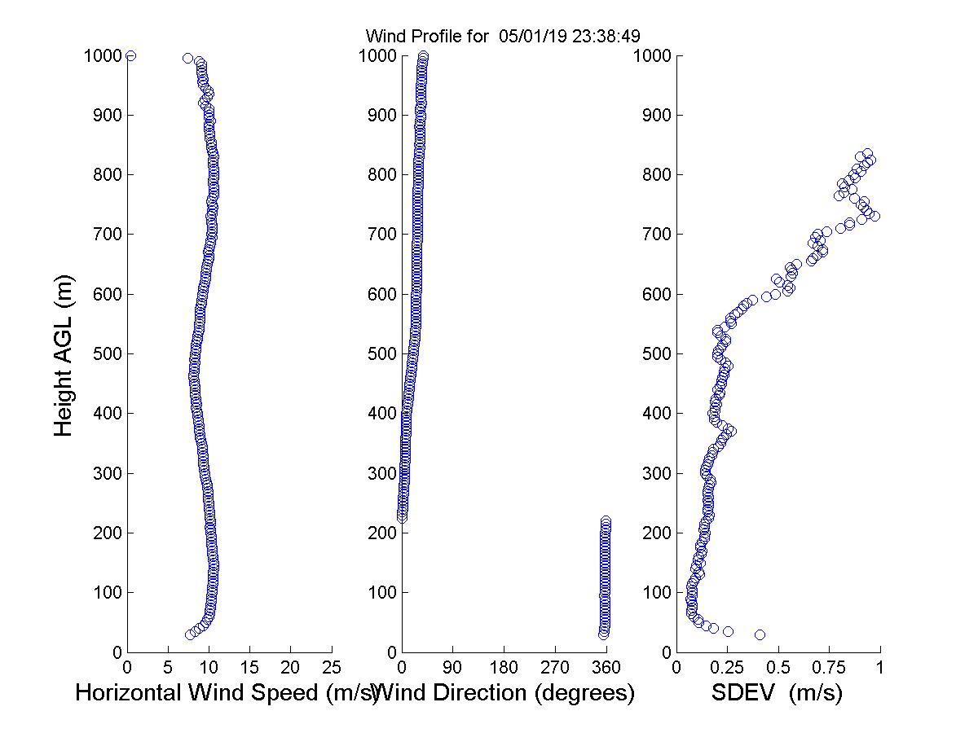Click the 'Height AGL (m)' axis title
[x=64, y=353]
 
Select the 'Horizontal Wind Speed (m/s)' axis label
[x=226, y=694]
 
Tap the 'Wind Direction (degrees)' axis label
[x=505, y=694]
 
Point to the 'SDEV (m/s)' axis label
[x=777, y=694]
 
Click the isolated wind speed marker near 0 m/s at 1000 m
[x=130, y=55]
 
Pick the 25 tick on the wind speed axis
[x=332, y=667]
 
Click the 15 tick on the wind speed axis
[x=250, y=667]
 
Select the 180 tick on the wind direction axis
[x=504, y=667]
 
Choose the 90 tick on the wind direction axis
[x=452, y=667]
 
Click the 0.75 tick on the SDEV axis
[x=829, y=667]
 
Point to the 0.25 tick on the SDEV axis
[x=727, y=667]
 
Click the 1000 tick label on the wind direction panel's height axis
[x=377, y=55]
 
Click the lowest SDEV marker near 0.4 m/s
[x=760, y=634]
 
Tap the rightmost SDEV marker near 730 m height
[x=874, y=216]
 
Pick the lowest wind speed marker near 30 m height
[x=190, y=634]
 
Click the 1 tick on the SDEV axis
[x=880, y=667]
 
